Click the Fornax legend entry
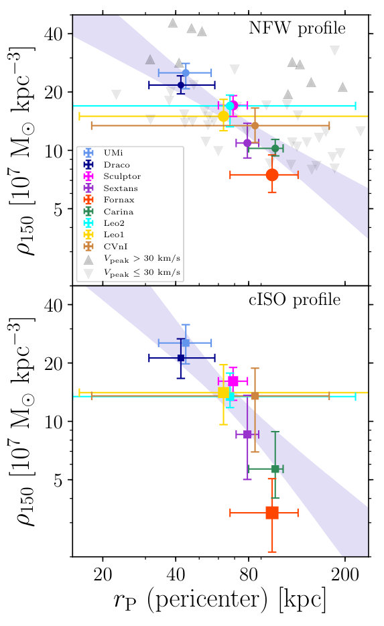[x=109, y=200]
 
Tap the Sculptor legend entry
[x=112, y=176]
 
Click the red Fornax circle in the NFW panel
[x=272, y=175]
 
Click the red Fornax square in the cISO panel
[x=272, y=513]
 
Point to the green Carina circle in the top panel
[x=275, y=149]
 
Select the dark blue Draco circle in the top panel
[x=181, y=84]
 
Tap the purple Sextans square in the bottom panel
[x=247, y=434]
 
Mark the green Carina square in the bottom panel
[x=275, y=468]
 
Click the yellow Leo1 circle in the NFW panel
[x=224, y=116]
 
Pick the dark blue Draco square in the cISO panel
[x=181, y=358]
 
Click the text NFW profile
[x=297, y=28]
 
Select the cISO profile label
[x=295, y=300]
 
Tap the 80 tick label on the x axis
[x=248, y=575]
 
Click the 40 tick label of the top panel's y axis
[x=54, y=34]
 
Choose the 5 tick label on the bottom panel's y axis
[x=58, y=480]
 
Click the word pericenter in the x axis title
[x=206, y=600]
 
